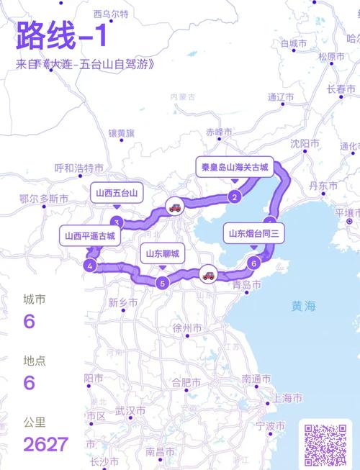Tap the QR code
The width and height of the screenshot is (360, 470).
[325, 443]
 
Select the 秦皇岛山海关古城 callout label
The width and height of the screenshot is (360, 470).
[235, 167]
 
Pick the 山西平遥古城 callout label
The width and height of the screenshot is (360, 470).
[89, 235]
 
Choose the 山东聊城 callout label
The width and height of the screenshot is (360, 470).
[162, 253]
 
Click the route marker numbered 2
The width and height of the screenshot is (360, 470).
[235, 196]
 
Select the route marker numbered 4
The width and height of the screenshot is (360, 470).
[89, 266]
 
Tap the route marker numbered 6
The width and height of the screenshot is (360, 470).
[253, 263]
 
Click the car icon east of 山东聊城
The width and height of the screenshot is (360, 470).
[207, 274]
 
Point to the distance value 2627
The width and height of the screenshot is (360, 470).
[45, 443]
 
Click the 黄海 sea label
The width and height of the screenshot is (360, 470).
[303, 306]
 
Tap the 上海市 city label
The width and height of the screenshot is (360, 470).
[286, 398]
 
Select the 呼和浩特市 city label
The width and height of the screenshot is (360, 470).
[79, 168]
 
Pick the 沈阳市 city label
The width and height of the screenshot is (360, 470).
[305, 144]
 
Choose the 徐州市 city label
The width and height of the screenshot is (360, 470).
[186, 328]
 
